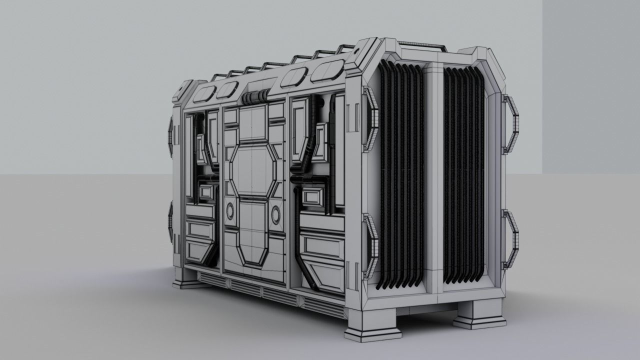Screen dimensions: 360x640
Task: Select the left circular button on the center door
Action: tap(230, 212)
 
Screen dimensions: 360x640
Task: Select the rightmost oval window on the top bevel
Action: tap(327, 71)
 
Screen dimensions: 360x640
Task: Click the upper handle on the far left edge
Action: tap(170, 135)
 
